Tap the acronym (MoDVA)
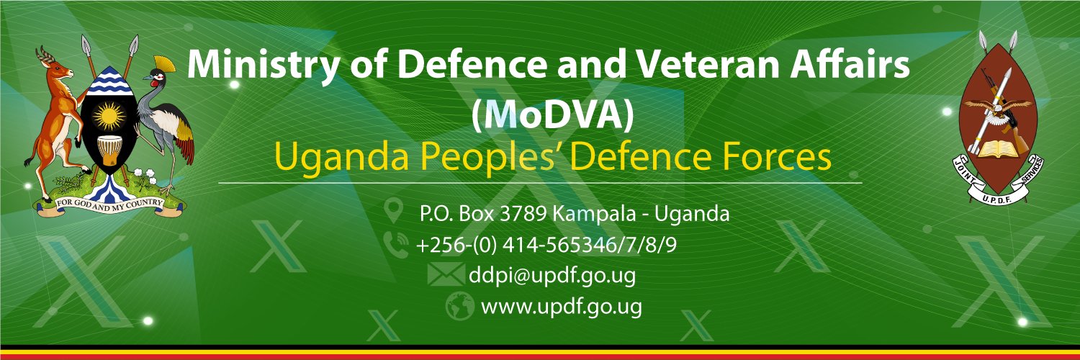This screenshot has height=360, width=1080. [x=552, y=116]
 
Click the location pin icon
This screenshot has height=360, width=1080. [x=394, y=212]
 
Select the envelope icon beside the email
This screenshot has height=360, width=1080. [x=446, y=275]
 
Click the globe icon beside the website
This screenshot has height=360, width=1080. [x=459, y=306]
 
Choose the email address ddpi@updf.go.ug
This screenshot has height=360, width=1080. [x=552, y=276]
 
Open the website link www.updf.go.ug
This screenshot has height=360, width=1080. [x=561, y=307]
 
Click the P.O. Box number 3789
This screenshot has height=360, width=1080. [x=523, y=214]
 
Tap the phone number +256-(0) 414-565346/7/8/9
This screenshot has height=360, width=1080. [x=546, y=246]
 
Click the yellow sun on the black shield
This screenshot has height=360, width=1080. [x=109, y=116]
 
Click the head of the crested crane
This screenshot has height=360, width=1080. [x=157, y=77]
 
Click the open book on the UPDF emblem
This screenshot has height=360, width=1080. [x=999, y=149]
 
